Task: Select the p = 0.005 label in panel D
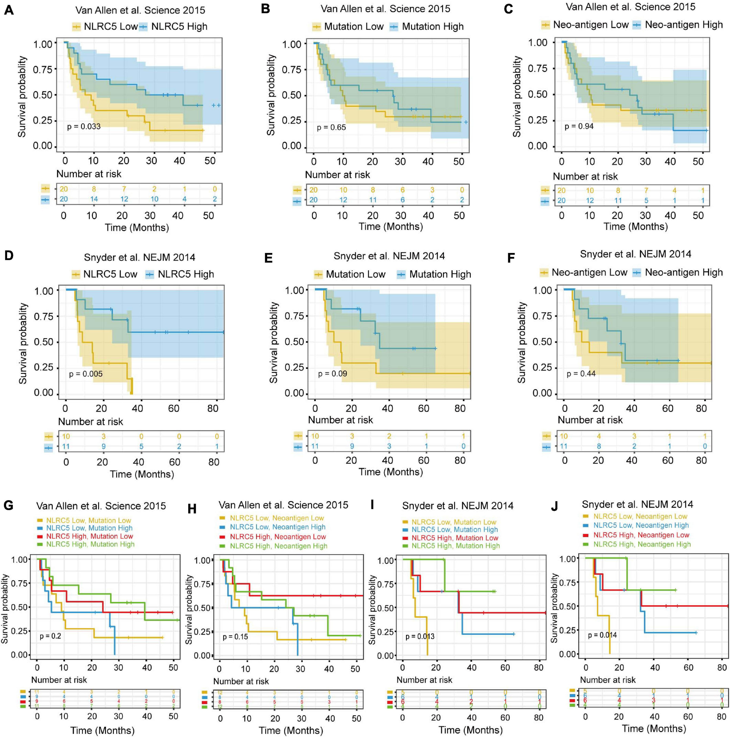(86, 374)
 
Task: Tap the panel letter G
(8, 506)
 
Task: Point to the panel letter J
(555, 506)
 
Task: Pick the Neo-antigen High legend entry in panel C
(683, 25)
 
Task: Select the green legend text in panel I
(455, 546)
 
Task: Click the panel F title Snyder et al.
(635, 254)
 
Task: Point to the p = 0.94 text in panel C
(579, 126)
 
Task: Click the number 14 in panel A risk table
(94, 199)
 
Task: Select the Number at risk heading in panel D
(91, 422)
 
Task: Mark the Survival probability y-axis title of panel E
(274, 343)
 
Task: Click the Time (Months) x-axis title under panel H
(291, 731)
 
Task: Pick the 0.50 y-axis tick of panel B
(291, 95)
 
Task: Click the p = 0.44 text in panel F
(581, 374)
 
